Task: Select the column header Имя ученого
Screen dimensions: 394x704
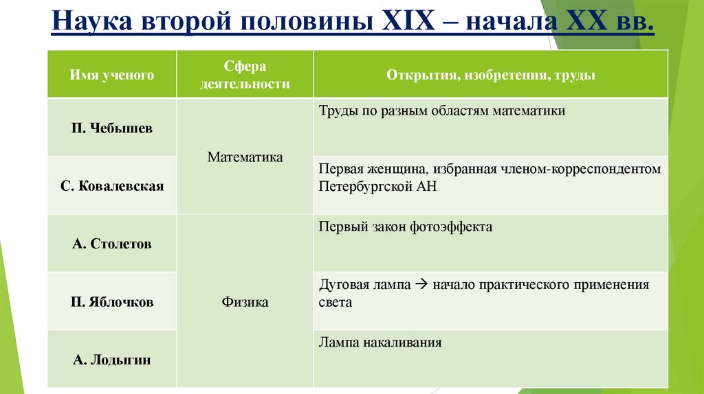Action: click(111, 75)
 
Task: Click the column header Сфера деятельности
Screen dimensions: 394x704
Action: click(245, 75)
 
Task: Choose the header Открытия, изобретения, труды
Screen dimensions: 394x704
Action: click(490, 75)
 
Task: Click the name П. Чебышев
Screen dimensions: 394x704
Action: click(111, 129)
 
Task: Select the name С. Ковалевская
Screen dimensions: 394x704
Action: click(111, 185)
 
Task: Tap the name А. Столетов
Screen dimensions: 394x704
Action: click(111, 244)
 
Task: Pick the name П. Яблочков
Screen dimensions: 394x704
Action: click(111, 302)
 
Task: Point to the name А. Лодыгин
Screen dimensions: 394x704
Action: click(111, 359)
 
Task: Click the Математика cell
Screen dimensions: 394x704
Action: click(245, 157)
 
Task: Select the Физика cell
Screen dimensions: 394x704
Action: click(245, 302)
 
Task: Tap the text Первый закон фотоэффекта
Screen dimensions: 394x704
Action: click(406, 227)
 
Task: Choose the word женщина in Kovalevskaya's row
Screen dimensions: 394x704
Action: click(392, 169)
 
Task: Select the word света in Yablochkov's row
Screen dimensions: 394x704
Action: click(335, 302)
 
